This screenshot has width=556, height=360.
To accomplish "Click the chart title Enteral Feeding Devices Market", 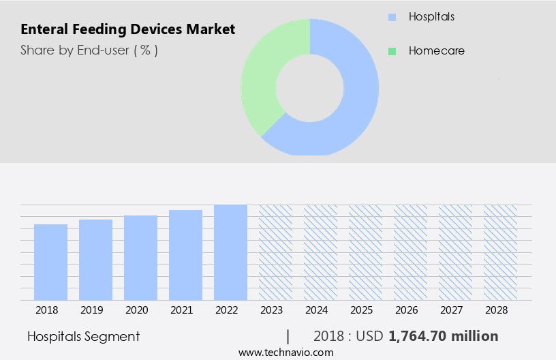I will point(127,29).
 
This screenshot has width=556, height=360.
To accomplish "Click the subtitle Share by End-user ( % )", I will point(89,50).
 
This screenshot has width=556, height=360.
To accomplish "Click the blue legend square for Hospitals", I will point(391,16).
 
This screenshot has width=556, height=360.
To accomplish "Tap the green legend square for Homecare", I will point(391,51).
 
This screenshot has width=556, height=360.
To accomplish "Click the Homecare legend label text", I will point(436,51).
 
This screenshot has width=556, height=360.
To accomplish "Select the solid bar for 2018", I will point(50,262).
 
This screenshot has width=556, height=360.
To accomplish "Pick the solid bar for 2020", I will point(140,258).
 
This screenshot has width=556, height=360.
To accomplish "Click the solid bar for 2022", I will point(230,252).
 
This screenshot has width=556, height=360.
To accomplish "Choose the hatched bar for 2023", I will point(275,252).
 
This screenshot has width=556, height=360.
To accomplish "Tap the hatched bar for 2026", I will point(410,252).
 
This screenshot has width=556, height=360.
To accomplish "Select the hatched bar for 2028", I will point(500,252).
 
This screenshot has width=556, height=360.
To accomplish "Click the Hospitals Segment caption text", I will point(83,336).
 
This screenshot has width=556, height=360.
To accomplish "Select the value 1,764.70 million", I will point(443,336).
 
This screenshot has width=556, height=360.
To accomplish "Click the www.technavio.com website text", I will point(285,352).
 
